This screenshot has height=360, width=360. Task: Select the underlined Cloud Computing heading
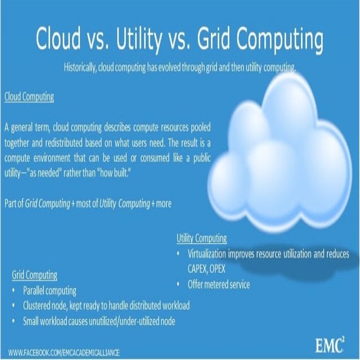[29, 97]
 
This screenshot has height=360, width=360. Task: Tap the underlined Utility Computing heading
[202, 238]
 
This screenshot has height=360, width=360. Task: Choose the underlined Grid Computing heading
[34, 275]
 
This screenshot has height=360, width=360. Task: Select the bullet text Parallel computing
[49, 291]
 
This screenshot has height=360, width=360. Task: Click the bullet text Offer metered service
[219, 285]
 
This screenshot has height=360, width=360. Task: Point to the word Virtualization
[213, 254]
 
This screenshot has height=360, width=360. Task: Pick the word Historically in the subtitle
[80, 68]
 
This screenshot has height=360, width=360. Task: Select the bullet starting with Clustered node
[106, 306]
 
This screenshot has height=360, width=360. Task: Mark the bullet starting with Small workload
[99, 321]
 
